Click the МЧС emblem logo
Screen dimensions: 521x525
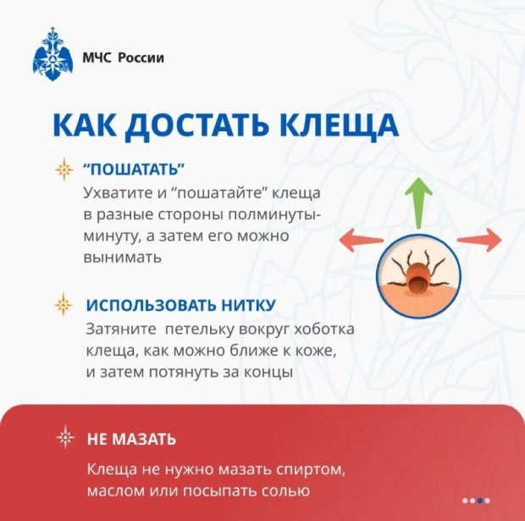coord(51,56)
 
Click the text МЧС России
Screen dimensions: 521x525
coord(123,58)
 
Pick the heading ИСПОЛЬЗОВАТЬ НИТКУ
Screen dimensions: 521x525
coord(181,304)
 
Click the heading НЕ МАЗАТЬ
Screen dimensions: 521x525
coord(131,439)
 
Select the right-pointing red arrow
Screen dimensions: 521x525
coord(480,240)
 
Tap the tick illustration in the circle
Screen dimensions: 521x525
coord(417,274)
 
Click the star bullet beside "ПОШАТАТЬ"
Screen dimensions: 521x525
coord(64,169)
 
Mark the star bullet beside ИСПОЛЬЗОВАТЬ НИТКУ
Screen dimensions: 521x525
coord(64,304)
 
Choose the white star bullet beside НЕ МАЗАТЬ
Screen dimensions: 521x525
coord(65,438)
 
